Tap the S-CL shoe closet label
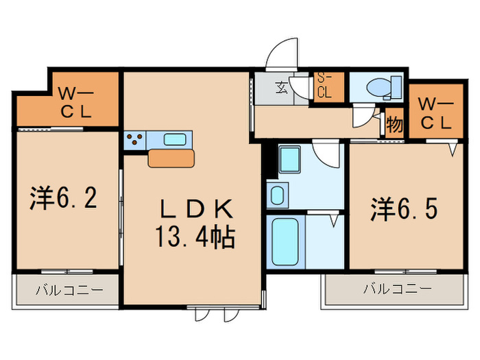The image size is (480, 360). coord(324,87)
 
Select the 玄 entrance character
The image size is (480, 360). coord(282,87)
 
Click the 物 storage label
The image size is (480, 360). coord(394,125)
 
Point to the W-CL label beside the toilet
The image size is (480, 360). coord(435,114)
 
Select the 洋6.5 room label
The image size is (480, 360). coord(405,208)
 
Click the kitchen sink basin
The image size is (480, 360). coord(176,140)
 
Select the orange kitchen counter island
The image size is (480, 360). coord(172,159)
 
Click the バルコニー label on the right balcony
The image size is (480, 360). coord(397,289)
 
